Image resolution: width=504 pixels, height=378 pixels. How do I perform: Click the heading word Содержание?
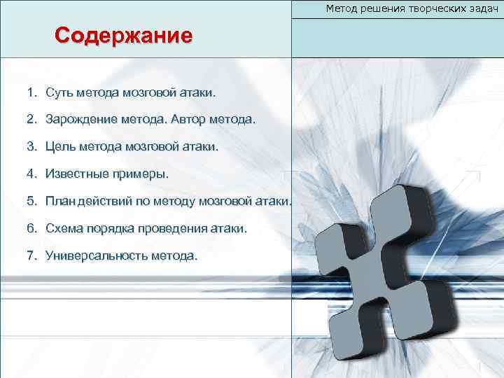coord(123,36)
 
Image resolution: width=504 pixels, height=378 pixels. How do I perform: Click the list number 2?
coord(31,120)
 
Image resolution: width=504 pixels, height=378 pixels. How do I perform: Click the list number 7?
coord(31,256)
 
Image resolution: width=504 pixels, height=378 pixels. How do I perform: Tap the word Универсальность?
coord(95,256)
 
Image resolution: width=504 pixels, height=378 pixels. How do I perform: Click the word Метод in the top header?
coord(341,8)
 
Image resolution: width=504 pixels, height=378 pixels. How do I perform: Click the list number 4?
coord(31,174)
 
